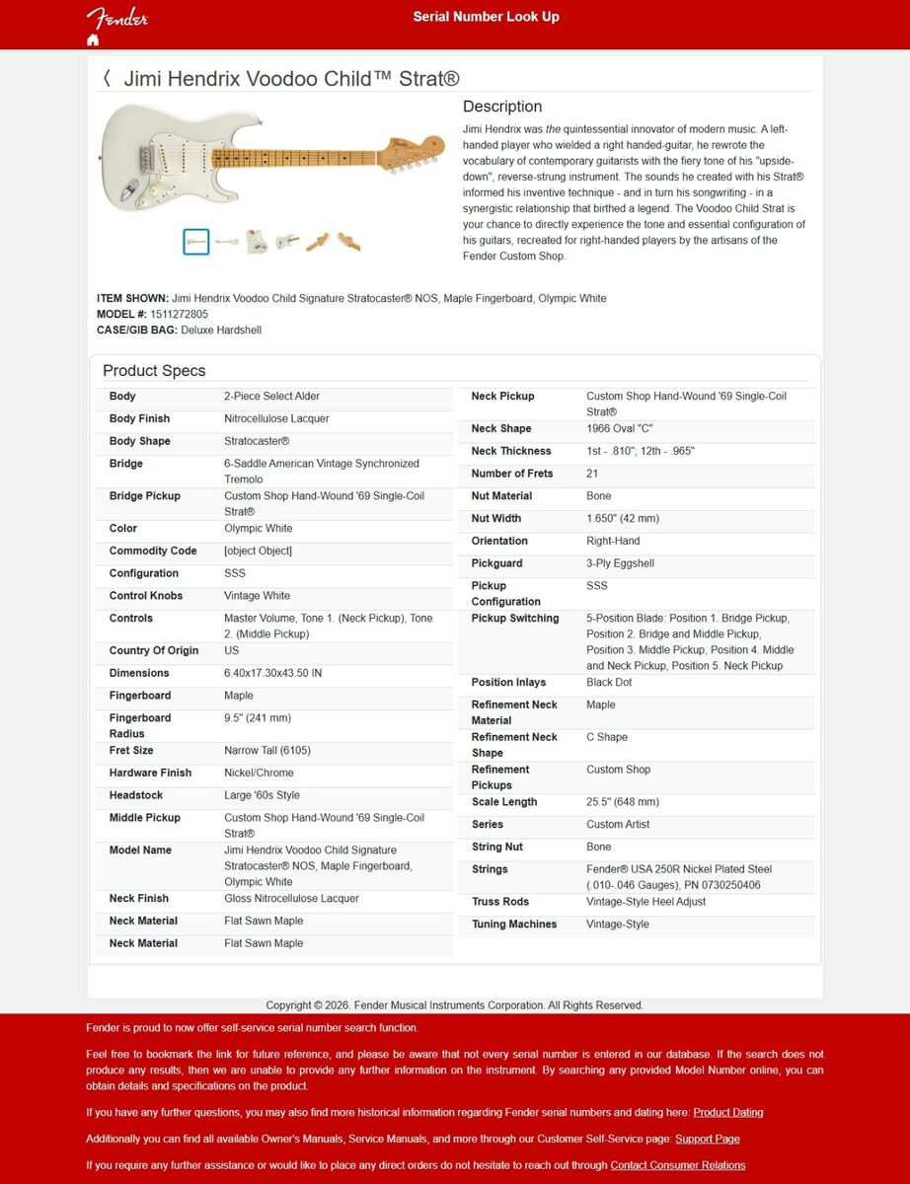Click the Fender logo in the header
116,18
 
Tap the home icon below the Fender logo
93,40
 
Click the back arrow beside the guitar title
107,79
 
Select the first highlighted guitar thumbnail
195,241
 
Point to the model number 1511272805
179,314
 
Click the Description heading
502,107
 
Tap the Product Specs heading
154,371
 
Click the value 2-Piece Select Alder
271,397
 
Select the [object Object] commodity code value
258,552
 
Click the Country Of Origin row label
154,651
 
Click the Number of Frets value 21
592,474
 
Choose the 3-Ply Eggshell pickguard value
620,564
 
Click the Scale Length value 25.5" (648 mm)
622,802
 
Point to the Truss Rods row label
500,902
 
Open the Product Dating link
727,1112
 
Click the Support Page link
707,1139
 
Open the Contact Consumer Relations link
677,1165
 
